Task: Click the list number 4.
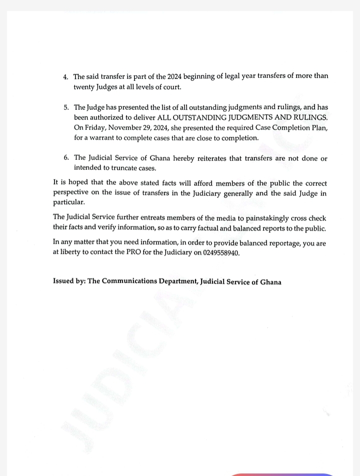tap(65, 77)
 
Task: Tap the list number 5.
tap(65, 108)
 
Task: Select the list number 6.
tap(66, 158)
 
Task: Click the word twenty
tap(84, 87)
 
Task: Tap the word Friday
tap(95, 127)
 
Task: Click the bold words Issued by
tap(68, 282)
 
